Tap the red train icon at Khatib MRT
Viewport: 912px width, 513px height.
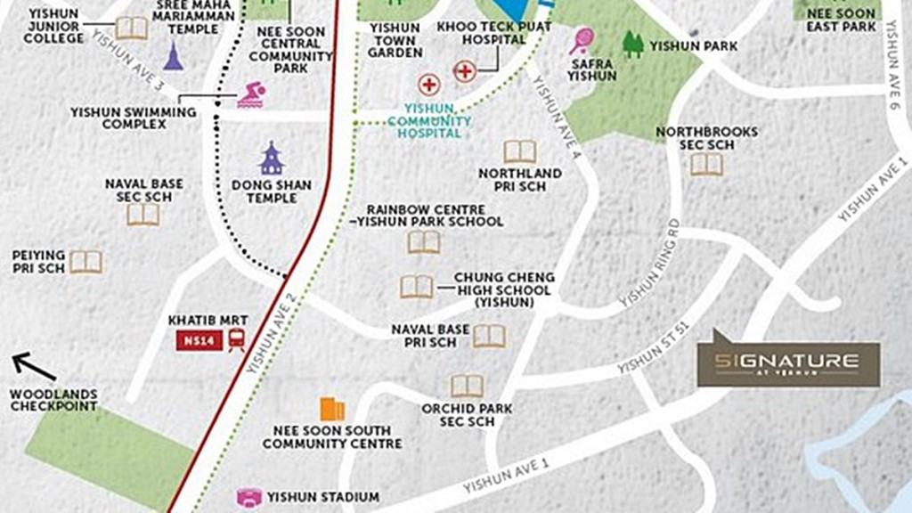(x=237, y=339)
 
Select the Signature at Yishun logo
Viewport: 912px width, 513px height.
(x=788, y=361)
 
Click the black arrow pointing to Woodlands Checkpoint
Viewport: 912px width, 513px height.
(x=34, y=365)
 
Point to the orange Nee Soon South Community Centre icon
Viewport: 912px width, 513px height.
(x=331, y=409)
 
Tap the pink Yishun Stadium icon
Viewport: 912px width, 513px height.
(x=248, y=497)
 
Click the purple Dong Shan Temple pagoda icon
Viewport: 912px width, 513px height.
(x=271, y=159)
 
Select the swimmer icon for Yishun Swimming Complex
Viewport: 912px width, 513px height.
(x=250, y=95)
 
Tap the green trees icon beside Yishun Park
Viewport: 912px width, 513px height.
(x=632, y=44)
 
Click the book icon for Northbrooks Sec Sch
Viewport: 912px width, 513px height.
(x=706, y=164)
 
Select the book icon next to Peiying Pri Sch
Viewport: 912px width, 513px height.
(x=86, y=261)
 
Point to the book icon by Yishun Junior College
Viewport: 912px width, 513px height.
(x=132, y=28)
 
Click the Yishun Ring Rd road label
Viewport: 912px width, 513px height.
(x=649, y=263)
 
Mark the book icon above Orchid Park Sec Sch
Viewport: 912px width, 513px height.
(x=467, y=386)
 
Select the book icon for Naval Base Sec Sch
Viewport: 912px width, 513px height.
(x=142, y=214)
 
